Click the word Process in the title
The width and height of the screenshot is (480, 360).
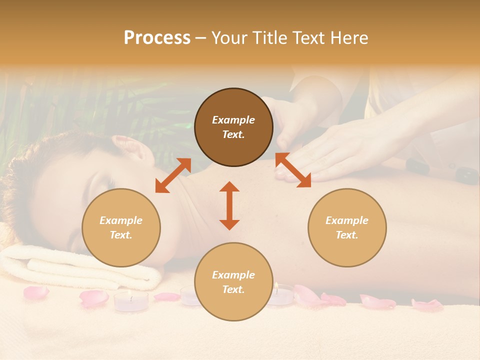[157, 38]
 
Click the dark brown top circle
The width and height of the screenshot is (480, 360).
[233, 127]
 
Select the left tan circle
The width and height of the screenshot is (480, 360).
[121, 227]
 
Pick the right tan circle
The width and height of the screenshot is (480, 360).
[347, 227]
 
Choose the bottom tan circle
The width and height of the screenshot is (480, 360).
[233, 282]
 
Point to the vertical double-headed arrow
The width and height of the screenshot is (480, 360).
[229, 205]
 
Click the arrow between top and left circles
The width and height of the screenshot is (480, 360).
[173, 175]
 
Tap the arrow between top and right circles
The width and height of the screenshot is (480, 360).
[293, 170]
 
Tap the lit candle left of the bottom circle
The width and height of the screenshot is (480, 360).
[131, 300]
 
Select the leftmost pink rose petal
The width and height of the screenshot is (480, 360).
[36, 292]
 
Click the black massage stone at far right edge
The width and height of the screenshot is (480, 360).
[467, 176]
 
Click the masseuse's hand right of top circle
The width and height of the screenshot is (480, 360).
[340, 150]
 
